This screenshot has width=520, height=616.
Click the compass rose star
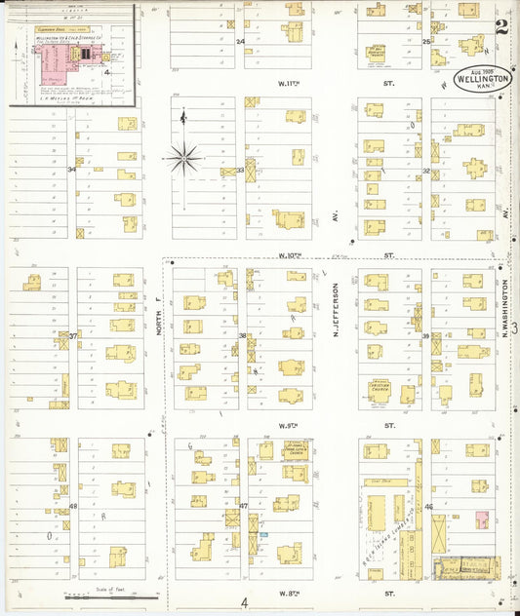[183, 156]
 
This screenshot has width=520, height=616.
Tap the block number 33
[240, 170]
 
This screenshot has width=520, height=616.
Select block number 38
[242, 335]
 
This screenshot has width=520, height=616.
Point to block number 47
[243, 506]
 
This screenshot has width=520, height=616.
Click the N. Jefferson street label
[335, 303]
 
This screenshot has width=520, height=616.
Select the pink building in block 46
[481, 521]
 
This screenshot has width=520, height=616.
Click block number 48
[73, 506]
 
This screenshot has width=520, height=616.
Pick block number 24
[240, 42]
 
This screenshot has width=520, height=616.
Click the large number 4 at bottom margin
[245, 602]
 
